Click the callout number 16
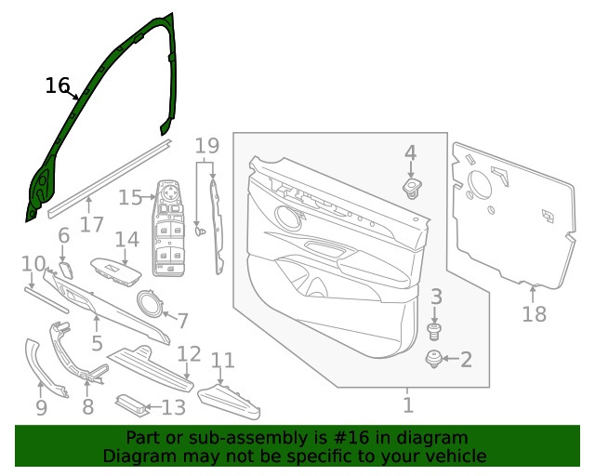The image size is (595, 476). [x=58, y=86]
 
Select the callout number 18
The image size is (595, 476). [x=535, y=314]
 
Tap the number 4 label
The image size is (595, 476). [x=411, y=152]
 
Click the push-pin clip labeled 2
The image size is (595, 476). [x=433, y=359]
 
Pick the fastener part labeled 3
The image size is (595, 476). [x=435, y=331]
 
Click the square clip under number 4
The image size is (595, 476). [x=412, y=189]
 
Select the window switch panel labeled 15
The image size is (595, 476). [x=168, y=228]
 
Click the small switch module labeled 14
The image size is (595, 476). [x=115, y=271]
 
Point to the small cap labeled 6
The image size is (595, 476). [x=66, y=270]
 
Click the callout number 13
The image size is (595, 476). [x=174, y=407]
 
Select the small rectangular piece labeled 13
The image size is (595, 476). [x=131, y=405]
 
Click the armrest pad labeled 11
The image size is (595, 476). [x=229, y=402]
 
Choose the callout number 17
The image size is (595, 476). [x=92, y=224]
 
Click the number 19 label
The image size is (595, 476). [x=207, y=145]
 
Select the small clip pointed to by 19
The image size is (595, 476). [x=201, y=231]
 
